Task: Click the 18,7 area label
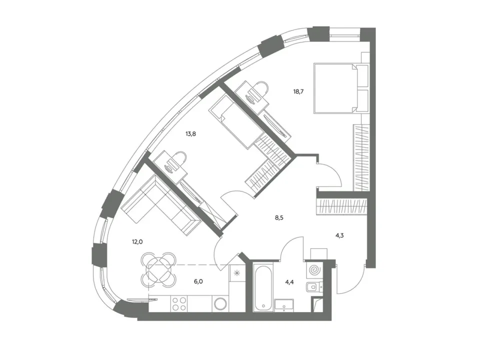point(298,91)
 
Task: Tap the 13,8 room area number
point(190,133)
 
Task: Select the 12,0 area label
point(137,242)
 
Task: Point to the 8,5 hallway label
point(279,218)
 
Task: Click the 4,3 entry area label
point(339,235)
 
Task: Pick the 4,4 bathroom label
point(289,282)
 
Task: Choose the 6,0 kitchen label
point(198,281)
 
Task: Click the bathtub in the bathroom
point(263,288)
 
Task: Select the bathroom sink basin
point(284,305)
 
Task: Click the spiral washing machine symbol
point(314,270)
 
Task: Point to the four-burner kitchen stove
point(179,303)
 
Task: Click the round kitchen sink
point(220,304)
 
